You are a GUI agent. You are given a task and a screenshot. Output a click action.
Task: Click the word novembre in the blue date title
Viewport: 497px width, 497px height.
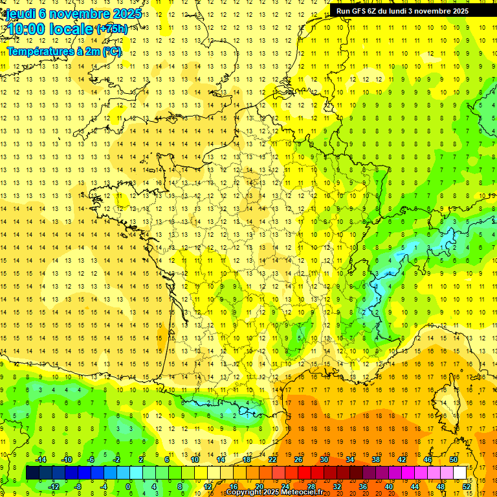[x=80, y=13]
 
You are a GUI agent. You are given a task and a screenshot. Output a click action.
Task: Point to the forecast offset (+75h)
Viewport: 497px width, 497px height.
[x=111, y=29]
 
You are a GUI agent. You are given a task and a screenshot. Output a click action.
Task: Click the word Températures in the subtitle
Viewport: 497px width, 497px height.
[x=38, y=51]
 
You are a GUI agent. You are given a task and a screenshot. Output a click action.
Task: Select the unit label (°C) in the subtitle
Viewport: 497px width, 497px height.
[x=112, y=51]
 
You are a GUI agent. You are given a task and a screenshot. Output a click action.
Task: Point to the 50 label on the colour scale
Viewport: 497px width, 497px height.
[x=454, y=459]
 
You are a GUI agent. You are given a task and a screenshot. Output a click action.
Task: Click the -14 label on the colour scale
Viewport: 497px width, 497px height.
[x=41, y=459]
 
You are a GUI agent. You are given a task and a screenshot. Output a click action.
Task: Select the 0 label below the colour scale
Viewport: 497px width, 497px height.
[x=129, y=487]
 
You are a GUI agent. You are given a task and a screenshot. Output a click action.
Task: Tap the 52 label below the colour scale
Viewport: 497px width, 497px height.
[x=467, y=487]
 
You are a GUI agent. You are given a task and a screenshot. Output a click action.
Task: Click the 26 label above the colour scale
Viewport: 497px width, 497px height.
[x=298, y=459]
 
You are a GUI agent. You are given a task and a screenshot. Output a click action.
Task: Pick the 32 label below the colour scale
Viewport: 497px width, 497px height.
[x=337, y=487]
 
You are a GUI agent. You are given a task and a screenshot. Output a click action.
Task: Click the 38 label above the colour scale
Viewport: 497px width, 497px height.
[x=376, y=459]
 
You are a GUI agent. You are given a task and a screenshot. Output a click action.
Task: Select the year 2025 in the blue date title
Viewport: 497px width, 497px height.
[x=127, y=13]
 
